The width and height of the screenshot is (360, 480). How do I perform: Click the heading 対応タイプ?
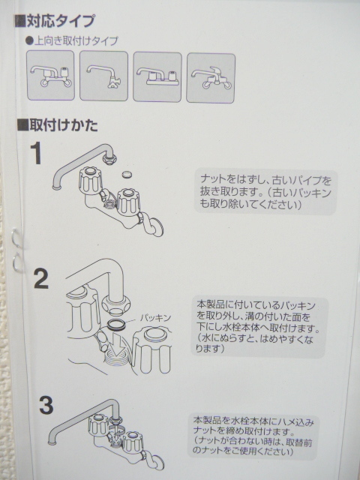55,21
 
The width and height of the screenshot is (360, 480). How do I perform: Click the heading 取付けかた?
58,125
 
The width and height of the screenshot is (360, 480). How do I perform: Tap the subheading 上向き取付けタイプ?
73,40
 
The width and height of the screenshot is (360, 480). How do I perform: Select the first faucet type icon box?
50,75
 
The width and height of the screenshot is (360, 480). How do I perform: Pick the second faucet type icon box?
103,76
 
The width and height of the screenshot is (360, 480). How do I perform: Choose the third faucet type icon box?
157,76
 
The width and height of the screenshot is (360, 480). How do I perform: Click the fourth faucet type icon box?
211,78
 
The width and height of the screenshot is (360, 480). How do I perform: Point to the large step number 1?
37,154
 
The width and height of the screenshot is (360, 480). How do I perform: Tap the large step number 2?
41,278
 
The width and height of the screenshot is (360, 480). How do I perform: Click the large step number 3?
46,405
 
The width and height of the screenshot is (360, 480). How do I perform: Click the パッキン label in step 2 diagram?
155,318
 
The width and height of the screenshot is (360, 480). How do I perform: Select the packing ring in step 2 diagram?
116,325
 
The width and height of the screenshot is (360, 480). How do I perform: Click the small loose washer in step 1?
127,175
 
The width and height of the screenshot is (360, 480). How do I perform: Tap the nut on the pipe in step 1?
110,158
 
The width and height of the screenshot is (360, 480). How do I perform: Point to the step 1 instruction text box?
265,191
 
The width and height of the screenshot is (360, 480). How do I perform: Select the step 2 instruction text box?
259,327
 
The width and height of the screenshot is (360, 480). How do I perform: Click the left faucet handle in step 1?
91,181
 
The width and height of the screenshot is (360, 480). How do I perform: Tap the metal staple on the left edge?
17,250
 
